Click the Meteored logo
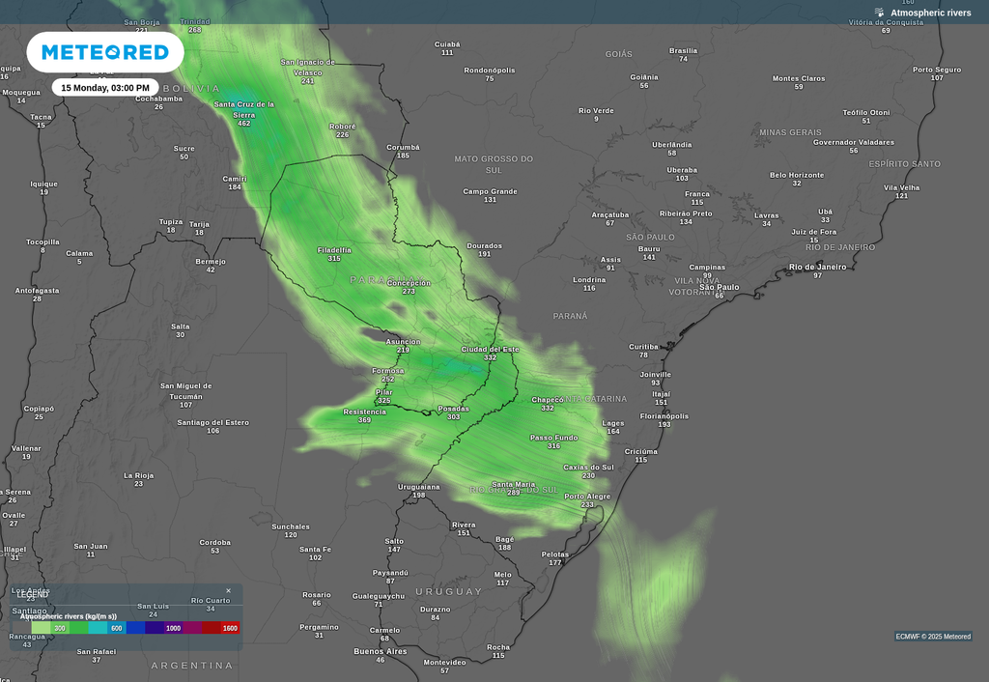pyautogui.click(x=104, y=52)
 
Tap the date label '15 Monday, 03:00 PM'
pyautogui.click(x=105, y=88)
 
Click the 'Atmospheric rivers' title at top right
pyautogui.click(x=930, y=13)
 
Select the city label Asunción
pyautogui.click(x=403, y=341)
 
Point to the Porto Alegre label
pyautogui.click(x=587, y=497)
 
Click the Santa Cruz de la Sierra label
pyautogui.click(x=243, y=109)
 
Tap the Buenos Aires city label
pyautogui.click(x=381, y=651)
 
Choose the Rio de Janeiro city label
pyautogui.click(x=817, y=267)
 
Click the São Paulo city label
pyautogui.click(x=719, y=287)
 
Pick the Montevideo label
pyautogui.click(x=444, y=662)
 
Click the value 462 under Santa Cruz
pyautogui.click(x=243, y=124)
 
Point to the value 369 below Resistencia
pyautogui.click(x=364, y=420)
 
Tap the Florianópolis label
pyautogui.click(x=664, y=416)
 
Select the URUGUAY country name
pyautogui.click(x=448, y=591)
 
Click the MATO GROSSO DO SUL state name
pyautogui.click(x=494, y=164)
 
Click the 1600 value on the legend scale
pyautogui.click(x=230, y=628)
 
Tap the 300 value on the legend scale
pyautogui.click(x=60, y=628)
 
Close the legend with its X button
pyautogui.click(x=229, y=590)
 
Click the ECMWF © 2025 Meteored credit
pyautogui.click(x=933, y=637)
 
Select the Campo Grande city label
pyautogui.click(x=490, y=191)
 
